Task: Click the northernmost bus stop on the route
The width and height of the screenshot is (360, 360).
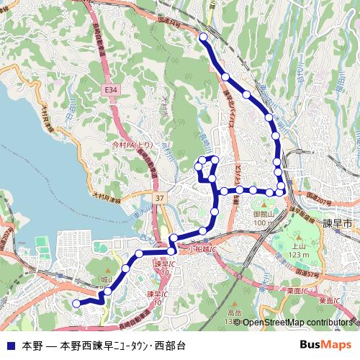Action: click(203, 37)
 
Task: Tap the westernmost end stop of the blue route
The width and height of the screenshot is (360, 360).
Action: click(76, 304)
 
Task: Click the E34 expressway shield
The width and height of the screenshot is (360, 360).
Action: click(110, 89)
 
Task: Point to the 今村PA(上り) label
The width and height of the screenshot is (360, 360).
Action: click(132, 145)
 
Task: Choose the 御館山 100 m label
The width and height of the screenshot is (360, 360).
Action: click(264, 218)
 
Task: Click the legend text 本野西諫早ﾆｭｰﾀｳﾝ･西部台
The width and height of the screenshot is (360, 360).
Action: click(123, 346)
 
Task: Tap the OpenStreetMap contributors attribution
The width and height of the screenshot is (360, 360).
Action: click(297, 323)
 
